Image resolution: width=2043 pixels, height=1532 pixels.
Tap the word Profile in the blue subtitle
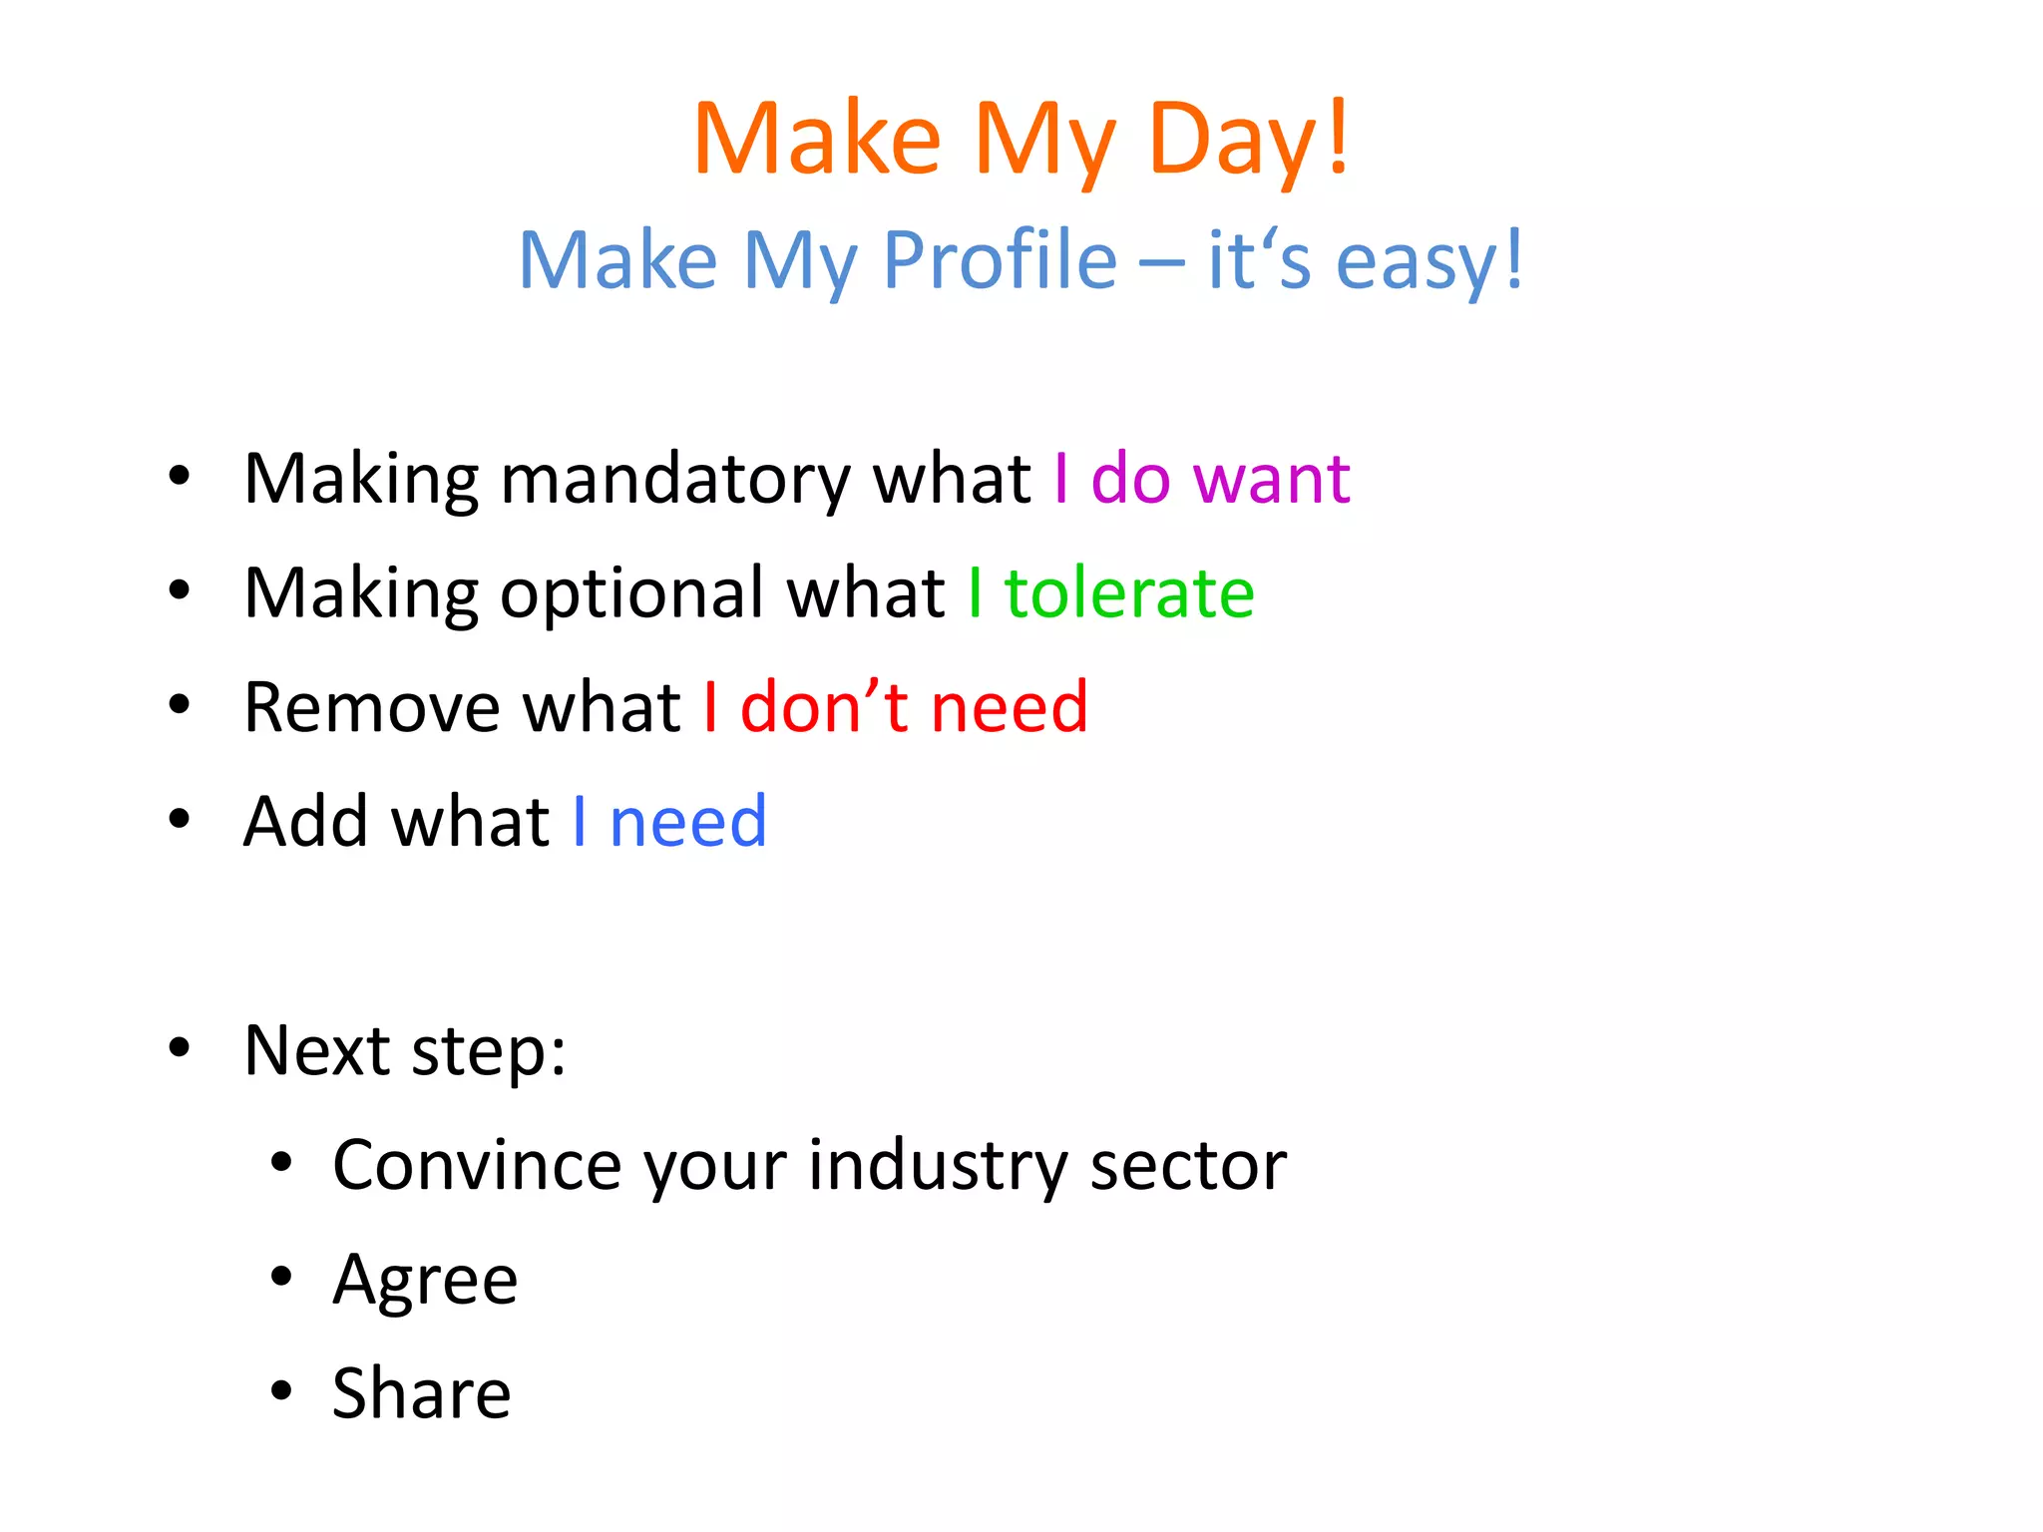[x=1000, y=261]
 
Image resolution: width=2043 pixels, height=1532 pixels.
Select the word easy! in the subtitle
[x=1429, y=261]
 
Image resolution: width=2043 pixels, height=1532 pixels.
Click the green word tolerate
[x=1129, y=594]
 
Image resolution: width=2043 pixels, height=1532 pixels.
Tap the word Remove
[x=372, y=708]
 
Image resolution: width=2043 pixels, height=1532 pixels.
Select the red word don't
[x=824, y=708]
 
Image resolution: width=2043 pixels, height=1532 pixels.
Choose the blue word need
[x=688, y=823]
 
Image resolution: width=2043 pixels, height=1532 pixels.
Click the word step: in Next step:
[x=489, y=1053]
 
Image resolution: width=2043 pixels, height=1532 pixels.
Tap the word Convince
[x=477, y=1166]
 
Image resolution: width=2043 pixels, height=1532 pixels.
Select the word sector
[x=1188, y=1166]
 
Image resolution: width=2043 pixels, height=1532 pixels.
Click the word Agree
[x=425, y=1281]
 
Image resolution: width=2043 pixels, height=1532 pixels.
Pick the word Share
[x=421, y=1394]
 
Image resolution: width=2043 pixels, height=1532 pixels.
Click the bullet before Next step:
[x=180, y=1048]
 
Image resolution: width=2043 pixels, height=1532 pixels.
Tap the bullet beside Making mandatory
[x=180, y=476]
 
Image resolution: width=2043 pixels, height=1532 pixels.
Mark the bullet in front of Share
[x=281, y=1390]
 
